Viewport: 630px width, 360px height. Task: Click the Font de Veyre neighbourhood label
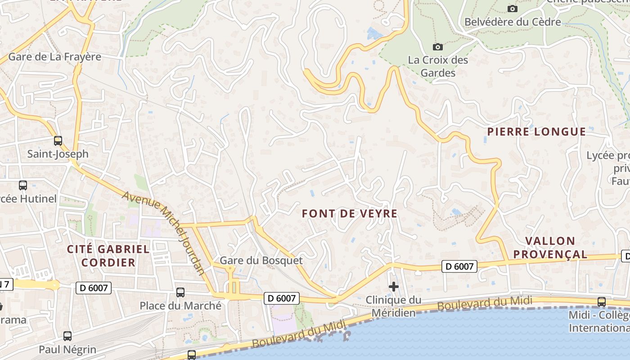(350, 213)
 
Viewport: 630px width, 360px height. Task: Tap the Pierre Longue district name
(537, 132)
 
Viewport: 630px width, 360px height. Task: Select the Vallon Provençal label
(550, 247)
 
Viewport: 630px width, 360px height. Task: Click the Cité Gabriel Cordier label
(108, 256)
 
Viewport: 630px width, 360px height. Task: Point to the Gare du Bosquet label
(261, 261)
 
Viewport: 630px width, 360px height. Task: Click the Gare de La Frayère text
(54, 57)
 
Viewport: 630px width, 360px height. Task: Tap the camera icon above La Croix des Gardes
(437, 47)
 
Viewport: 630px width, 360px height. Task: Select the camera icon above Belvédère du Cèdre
(512, 9)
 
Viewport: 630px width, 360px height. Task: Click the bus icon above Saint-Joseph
(58, 140)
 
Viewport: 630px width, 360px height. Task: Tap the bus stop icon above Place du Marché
(180, 292)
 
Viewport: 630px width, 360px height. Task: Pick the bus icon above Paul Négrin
(67, 336)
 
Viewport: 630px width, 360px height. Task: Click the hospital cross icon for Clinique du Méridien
(393, 286)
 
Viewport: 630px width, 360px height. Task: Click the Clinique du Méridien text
(393, 306)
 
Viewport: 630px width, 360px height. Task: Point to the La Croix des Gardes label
(438, 66)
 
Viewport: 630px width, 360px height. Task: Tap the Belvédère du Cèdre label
(513, 22)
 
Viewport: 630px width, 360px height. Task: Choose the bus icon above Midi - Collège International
(601, 301)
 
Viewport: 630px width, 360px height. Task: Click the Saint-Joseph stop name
(58, 154)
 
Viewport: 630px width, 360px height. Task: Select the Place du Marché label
(180, 306)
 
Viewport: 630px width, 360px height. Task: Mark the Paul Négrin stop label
(67, 349)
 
